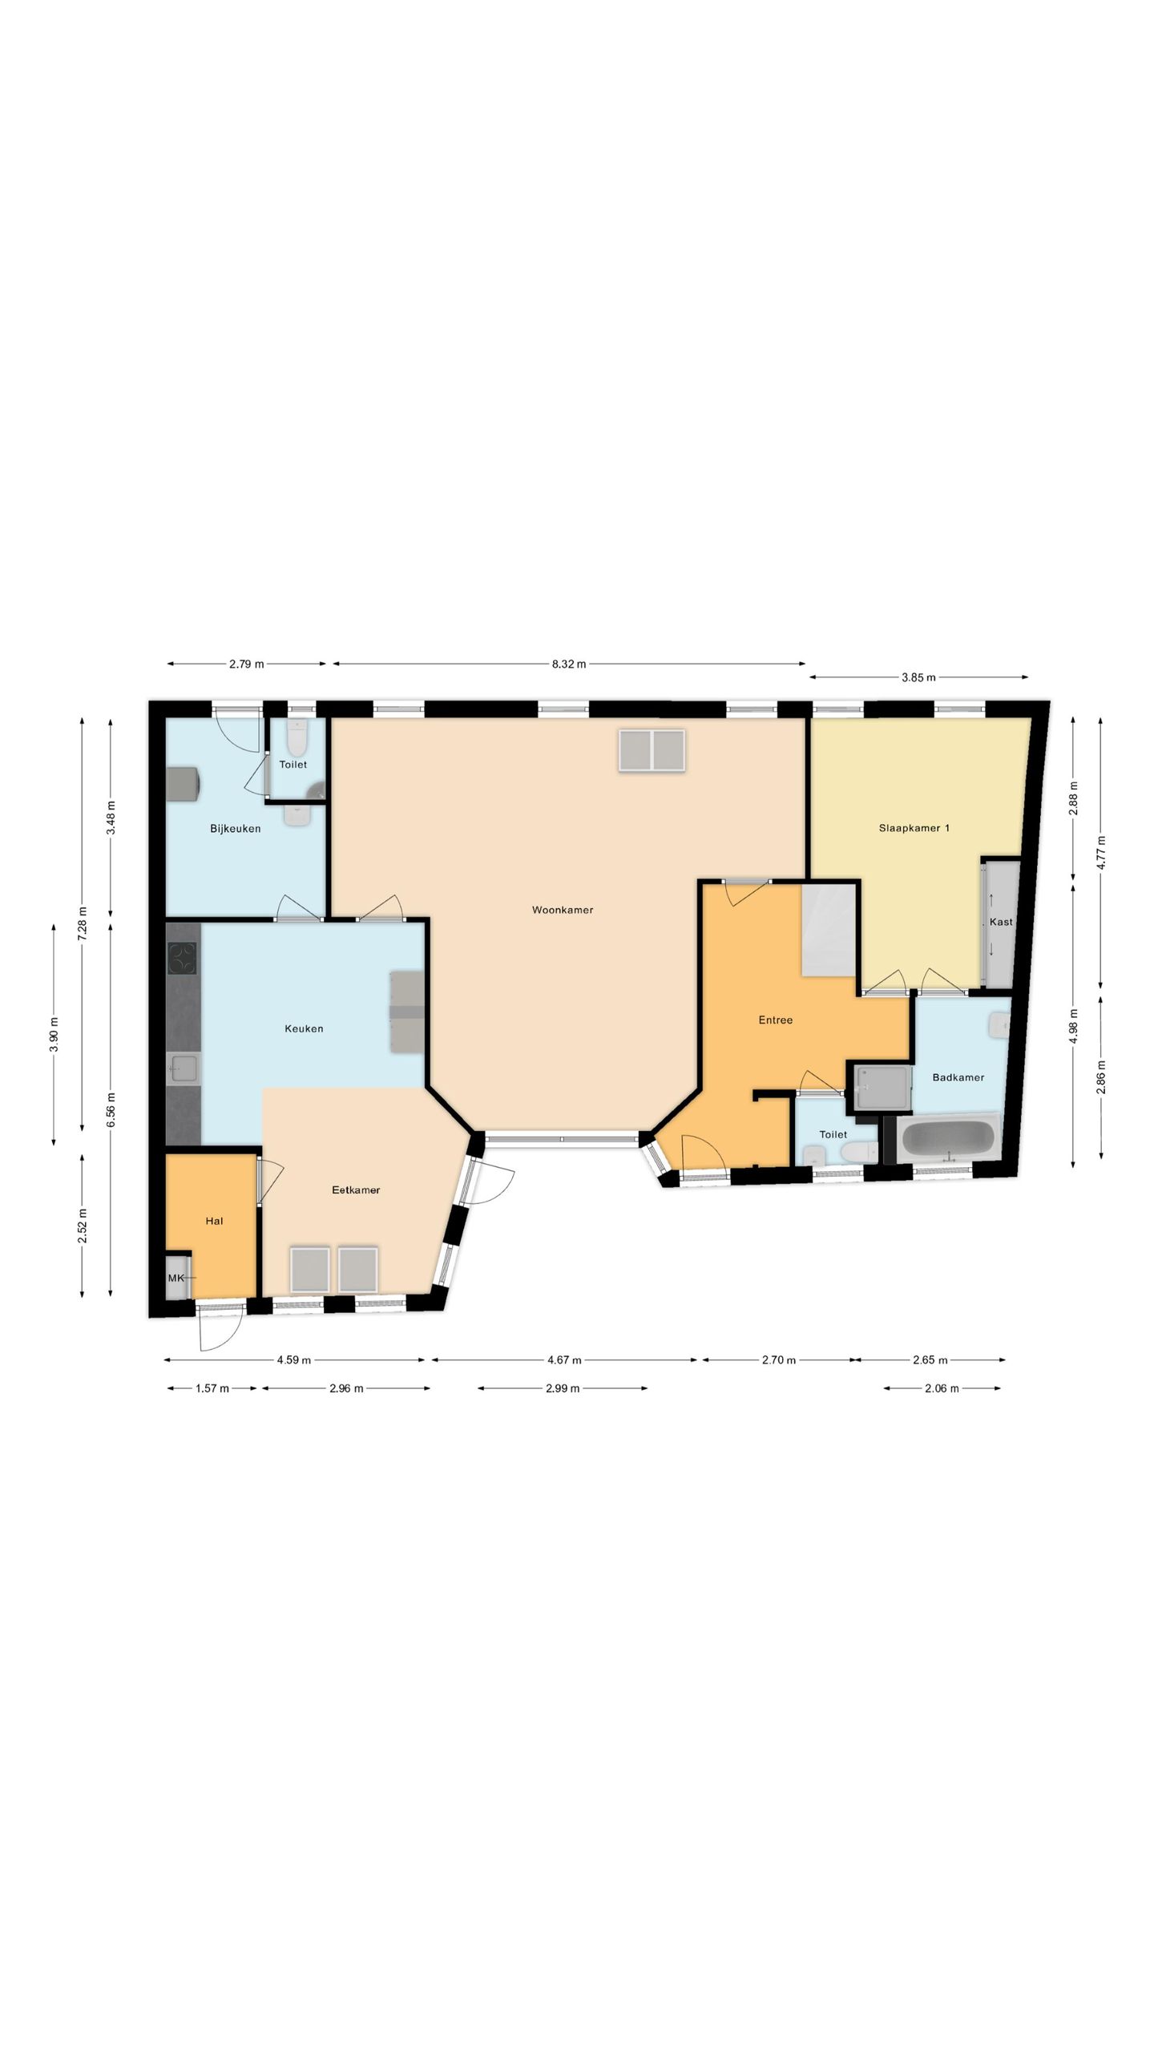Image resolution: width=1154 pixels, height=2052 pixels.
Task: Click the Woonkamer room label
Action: pyautogui.click(x=563, y=910)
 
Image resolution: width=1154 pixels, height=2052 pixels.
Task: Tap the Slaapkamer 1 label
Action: pyautogui.click(x=914, y=828)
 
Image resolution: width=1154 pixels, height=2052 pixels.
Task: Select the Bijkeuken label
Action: pyautogui.click(x=236, y=829)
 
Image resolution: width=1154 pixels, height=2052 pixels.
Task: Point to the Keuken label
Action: pyautogui.click(x=304, y=1028)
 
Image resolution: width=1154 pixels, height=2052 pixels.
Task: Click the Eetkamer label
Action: pyautogui.click(x=356, y=1190)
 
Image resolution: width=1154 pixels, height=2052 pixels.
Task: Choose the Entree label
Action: pyautogui.click(x=776, y=1020)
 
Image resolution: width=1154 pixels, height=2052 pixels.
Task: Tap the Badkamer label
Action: pyautogui.click(x=958, y=1077)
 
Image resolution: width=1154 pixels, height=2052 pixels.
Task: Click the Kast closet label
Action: pyautogui.click(x=1001, y=922)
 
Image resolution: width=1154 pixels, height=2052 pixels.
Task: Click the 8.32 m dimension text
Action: pyautogui.click(x=568, y=664)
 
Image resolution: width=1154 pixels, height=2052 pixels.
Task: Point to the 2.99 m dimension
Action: pyautogui.click(x=563, y=1388)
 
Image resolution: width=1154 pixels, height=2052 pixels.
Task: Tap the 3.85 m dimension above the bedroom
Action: pyautogui.click(x=918, y=677)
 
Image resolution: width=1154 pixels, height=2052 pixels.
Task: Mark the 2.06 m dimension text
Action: pyautogui.click(x=942, y=1388)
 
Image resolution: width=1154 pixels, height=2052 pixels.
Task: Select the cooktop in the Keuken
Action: pyautogui.click(x=182, y=959)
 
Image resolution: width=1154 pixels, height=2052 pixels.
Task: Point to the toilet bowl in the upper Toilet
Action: pyautogui.click(x=297, y=738)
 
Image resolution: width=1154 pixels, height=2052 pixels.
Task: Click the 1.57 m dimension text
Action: pyautogui.click(x=212, y=1388)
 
